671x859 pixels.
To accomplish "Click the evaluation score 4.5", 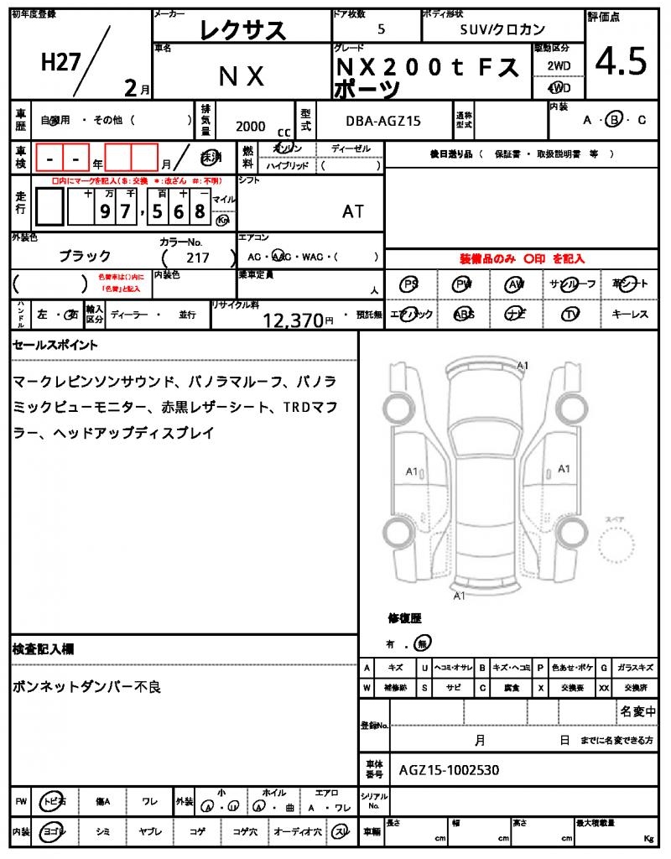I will [621, 61].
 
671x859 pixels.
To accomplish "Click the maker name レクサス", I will [242, 31].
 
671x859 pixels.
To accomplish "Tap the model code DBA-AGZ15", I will [383, 122].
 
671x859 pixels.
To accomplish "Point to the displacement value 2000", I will [250, 127].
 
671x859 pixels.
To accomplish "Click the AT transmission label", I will [353, 211].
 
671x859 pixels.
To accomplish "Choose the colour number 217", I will [199, 258].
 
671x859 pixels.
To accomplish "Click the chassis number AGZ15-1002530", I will [450, 769].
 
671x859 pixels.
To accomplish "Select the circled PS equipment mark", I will [409, 285].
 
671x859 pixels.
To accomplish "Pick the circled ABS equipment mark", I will [463, 314].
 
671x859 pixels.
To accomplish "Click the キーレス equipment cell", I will [629, 314].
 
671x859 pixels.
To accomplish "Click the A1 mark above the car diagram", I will [523, 366].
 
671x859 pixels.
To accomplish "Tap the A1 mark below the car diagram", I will [459, 596].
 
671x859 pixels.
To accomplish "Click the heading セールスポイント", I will [55, 345].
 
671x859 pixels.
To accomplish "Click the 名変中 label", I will [637, 712].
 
